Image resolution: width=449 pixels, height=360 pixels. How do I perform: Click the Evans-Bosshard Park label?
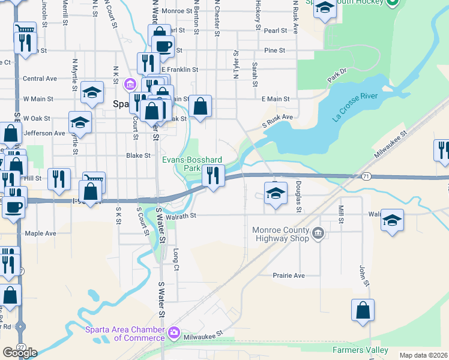click(x=192, y=164)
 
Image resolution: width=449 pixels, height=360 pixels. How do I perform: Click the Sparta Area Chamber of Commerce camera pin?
click(x=174, y=331)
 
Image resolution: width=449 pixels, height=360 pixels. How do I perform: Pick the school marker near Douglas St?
click(x=276, y=194)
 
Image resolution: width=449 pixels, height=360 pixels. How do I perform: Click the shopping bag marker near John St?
click(x=363, y=311)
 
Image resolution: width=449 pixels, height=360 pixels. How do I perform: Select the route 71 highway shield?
click(x=366, y=176)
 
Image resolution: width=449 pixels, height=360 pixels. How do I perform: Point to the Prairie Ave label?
click(x=290, y=275)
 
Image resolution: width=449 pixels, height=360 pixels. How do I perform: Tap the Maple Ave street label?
click(x=40, y=233)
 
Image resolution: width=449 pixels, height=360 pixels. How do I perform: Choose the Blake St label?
click(x=137, y=155)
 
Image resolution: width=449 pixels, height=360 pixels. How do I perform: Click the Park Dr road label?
click(x=337, y=76)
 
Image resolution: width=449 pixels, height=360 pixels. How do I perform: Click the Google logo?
click(x=20, y=353)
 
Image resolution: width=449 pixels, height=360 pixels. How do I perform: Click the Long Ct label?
click(x=176, y=258)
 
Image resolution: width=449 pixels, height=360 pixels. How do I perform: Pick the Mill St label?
click(x=340, y=214)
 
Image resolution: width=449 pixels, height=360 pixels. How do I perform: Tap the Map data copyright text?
click(x=423, y=355)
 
